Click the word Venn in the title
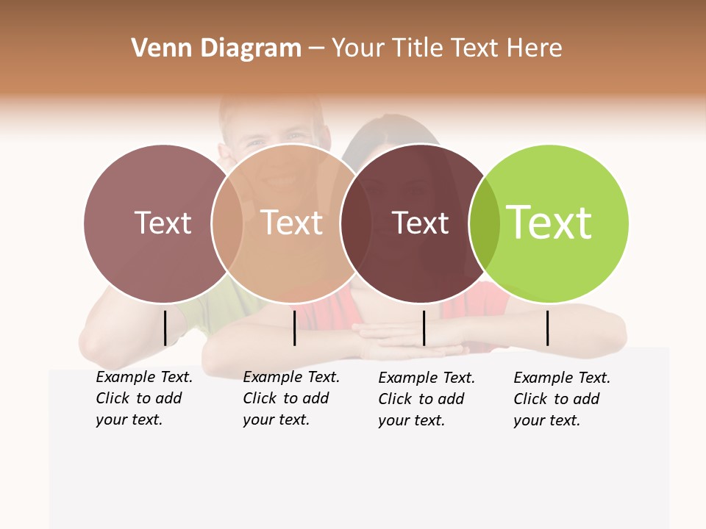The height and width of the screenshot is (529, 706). tap(156, 48)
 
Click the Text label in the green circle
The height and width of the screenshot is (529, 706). tap(549, 223)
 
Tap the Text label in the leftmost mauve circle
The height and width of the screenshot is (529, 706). tap(163, 223)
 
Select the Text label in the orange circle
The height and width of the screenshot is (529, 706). tap(291, 223)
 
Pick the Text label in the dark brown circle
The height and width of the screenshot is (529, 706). tap(420, 223)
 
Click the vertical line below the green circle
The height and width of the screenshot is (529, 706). tap(548, 328)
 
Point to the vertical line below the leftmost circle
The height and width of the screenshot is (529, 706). tap(165, 328)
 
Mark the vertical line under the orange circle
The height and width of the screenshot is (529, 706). tap(294, 328)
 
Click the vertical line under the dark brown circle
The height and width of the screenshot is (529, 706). tap(424, 328)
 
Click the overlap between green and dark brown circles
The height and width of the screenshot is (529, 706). tap(485, 223)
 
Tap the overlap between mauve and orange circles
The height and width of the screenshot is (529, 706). tap(227, 223)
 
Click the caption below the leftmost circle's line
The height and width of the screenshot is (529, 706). tap(143, 398)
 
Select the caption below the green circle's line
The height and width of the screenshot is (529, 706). tap(561, 399)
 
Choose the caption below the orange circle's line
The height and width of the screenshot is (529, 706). tap(290, 398)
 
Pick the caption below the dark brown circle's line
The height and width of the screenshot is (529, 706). tap(426, 399)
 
